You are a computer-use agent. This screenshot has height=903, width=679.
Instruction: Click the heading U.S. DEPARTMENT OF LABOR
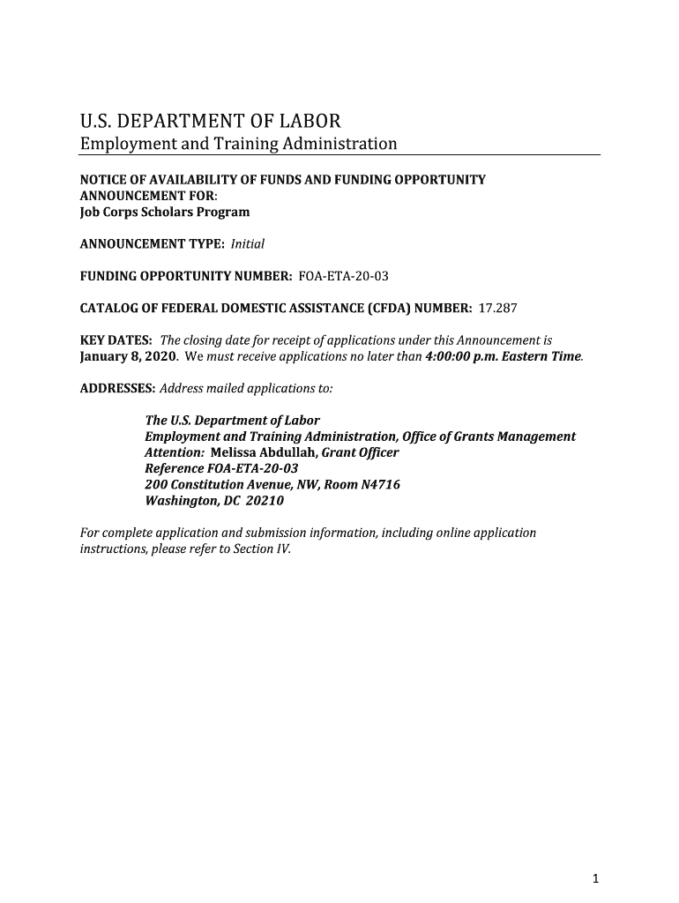[210, 121]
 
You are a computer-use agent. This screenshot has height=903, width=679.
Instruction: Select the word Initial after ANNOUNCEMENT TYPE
[248, 244]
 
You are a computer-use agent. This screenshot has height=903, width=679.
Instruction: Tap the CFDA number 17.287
[497, 309]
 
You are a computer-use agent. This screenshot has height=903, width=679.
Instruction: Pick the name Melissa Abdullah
[264, 452]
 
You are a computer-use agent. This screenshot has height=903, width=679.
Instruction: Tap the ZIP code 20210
[266, 501]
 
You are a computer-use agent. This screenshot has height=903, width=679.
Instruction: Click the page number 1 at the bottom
[596, 877]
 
